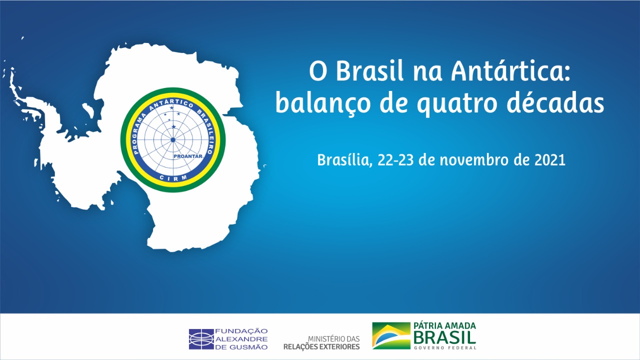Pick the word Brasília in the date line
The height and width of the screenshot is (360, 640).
(x=345, y=160)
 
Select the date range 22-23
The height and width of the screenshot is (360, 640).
(x=395, y=160)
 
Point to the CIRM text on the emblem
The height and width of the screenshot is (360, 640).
(x=173, y=177)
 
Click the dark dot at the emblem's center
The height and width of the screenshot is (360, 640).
(x=173, y=139)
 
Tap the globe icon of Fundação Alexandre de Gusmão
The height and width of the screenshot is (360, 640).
(x=201, y=339)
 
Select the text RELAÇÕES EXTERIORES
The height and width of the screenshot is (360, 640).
(x=321, y=347)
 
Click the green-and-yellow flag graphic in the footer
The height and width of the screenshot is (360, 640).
(x=391, y=335)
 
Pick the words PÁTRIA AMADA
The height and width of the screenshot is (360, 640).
(x=444, y=325)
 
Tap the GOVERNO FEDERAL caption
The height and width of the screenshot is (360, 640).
(x=445, y=348)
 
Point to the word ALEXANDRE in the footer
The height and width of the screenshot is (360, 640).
(x=241, y=339)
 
